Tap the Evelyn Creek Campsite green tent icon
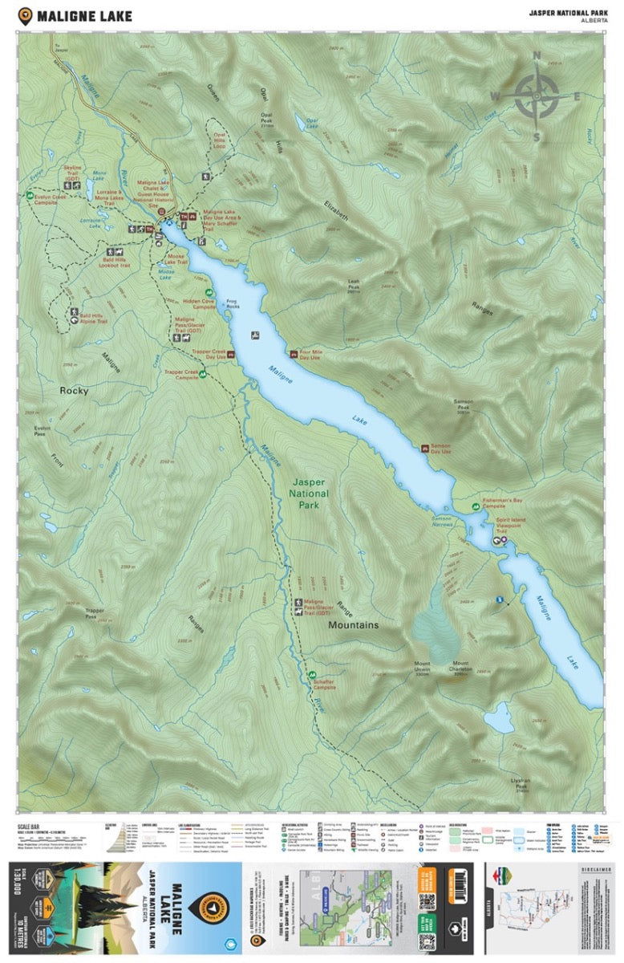tap(30, 195)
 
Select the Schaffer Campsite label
tap(324, 685)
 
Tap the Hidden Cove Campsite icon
tap(209, 293)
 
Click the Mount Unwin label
tap(422, 667)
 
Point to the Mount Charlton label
tap(460, 667)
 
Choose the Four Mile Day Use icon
tap(293, 351)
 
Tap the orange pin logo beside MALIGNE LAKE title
tap(26, 14)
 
